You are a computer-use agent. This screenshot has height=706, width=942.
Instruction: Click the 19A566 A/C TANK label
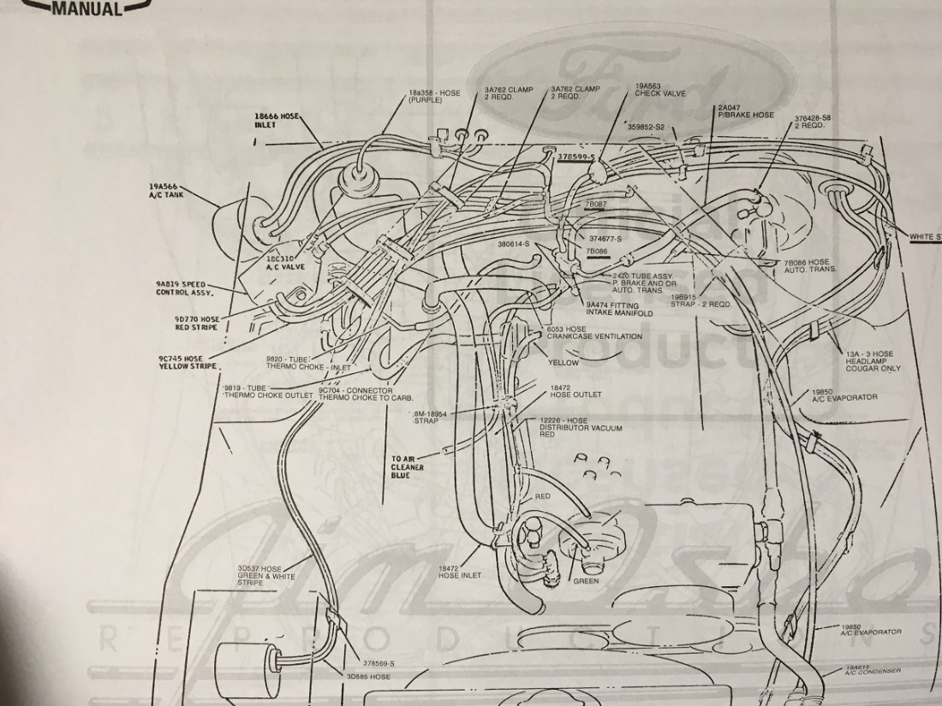[166, 190]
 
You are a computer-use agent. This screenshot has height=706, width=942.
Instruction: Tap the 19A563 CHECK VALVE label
[659, 90]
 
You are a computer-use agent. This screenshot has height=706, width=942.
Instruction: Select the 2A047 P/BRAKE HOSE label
[745, 112]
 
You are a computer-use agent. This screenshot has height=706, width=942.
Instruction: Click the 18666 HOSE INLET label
[277, 120]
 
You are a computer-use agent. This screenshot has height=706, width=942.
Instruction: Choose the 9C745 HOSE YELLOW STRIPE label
[187, 362]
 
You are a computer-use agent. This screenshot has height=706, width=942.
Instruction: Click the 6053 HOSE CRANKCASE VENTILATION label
[593, 333]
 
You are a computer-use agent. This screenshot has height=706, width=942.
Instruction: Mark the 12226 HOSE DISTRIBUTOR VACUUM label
[581, 427]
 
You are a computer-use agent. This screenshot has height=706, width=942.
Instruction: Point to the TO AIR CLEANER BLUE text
[408, 467]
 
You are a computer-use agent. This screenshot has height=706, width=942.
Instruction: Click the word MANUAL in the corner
[86, 9]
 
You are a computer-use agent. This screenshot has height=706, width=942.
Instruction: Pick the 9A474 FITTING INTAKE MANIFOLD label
[619, 309]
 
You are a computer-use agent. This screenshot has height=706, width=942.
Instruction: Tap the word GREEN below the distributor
[586, 581]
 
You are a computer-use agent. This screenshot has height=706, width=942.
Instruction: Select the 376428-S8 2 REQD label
[813, 122]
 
